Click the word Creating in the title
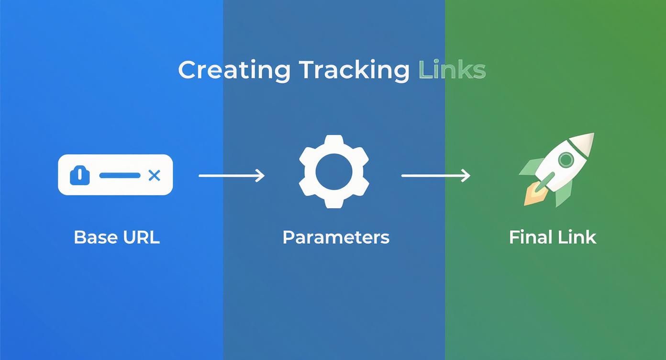tap(234, 70)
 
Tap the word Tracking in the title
tap(355, 70)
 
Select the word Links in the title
tap(452, 70)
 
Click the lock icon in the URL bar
tap(80, 176)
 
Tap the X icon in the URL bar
tap(154, 176)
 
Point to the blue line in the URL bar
tap(120, 176)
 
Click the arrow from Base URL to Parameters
tap(232, 176)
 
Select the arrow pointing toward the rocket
tap(435, 176)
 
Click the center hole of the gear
tap(334, 172)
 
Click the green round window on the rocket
tap(566, 159)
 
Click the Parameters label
tap(336, 237)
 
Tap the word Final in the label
tap(527, 237)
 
